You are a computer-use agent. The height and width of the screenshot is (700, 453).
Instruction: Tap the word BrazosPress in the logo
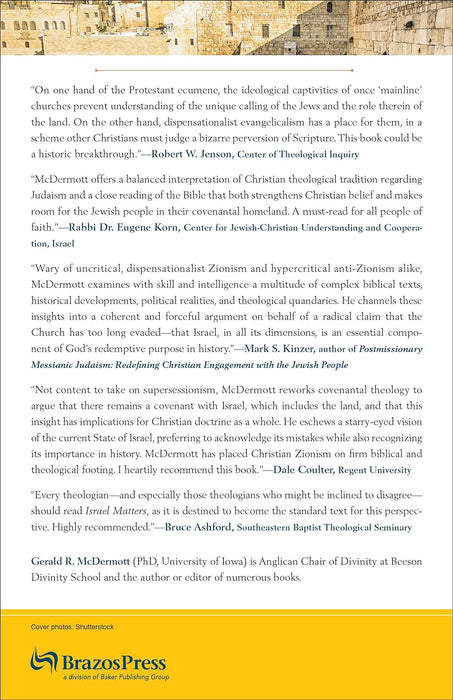click(x=117, y=661)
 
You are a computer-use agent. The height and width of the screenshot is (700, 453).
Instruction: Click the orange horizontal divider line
click(x=226, y=70)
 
